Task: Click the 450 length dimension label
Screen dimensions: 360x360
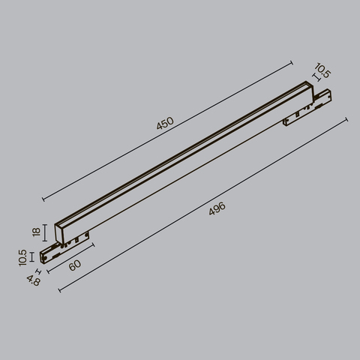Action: pyautogui.click(x=164, y=124)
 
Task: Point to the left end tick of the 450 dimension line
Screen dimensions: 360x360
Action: pyautogui.click(x=43, y=200)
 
